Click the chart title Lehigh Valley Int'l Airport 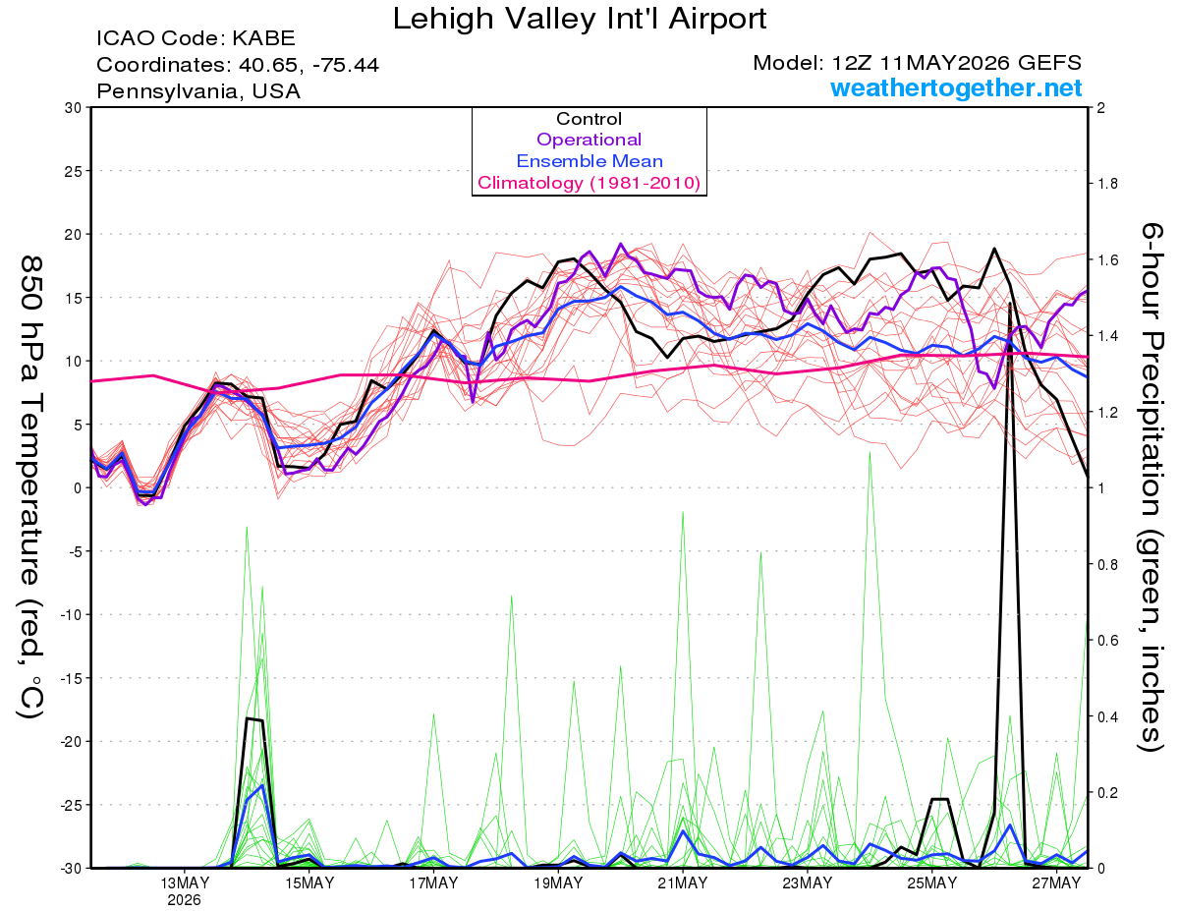(x=579, y=19)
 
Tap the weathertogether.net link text (x=956, y=87)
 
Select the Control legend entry (x=589, y=119)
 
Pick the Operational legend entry (x=589, y=140)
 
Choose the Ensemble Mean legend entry (x=589, y=161)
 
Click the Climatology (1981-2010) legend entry (x=589, y=183)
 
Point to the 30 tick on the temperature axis (x=73, y=108)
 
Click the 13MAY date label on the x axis (x=185, y=883)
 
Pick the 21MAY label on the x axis (x=683, y=883)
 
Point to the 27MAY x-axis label (x=1056, y=883)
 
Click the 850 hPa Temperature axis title (x=30, y=487)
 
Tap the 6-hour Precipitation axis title (x=1151, y=486)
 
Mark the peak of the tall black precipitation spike (x=1010, y=304)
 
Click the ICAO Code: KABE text (x=196, y=38)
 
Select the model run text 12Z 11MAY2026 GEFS (x=957, y=63)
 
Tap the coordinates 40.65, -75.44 (x=309, y=65)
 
